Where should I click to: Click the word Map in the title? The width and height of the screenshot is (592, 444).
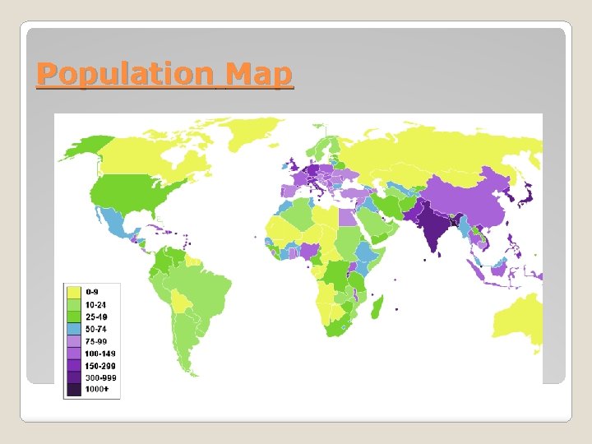[259, 75]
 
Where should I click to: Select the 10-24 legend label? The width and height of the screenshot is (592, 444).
[95, 303]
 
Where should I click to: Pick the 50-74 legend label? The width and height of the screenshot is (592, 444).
[95, 327]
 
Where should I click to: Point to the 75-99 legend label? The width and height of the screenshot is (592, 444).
[95, 340]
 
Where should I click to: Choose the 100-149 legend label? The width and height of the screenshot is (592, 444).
[99, 352]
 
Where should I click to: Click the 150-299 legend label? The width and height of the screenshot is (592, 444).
[99, 364]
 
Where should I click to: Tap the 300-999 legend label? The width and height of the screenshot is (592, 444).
[99, 377]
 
